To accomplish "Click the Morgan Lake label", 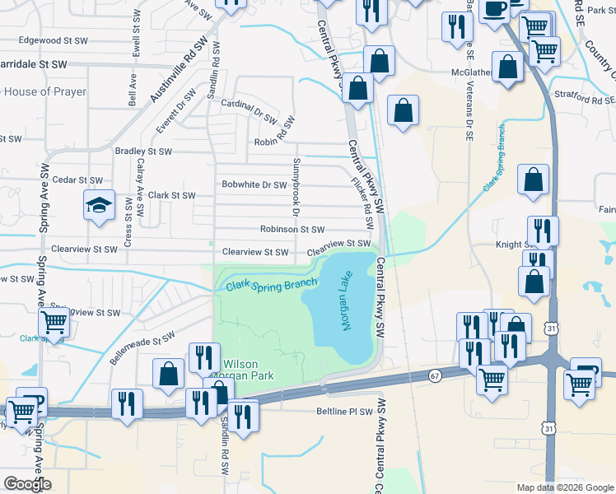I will click(x=345, y=302).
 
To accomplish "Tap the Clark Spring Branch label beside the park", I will click(x=272, y=286).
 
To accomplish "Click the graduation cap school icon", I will click(x=99, y=205).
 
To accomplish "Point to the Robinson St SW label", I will click(x=292, y=231).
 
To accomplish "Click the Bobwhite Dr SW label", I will click(x=254, y=184).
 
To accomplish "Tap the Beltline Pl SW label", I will click(x=345, y=411).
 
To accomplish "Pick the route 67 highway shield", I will click(x=434, y=375).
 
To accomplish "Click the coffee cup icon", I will click(x=497, y=9).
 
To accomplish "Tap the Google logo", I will click(x=27, y=484).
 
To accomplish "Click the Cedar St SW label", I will click(x=77, y=179).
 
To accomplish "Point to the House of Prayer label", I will click(x=45, y=92).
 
